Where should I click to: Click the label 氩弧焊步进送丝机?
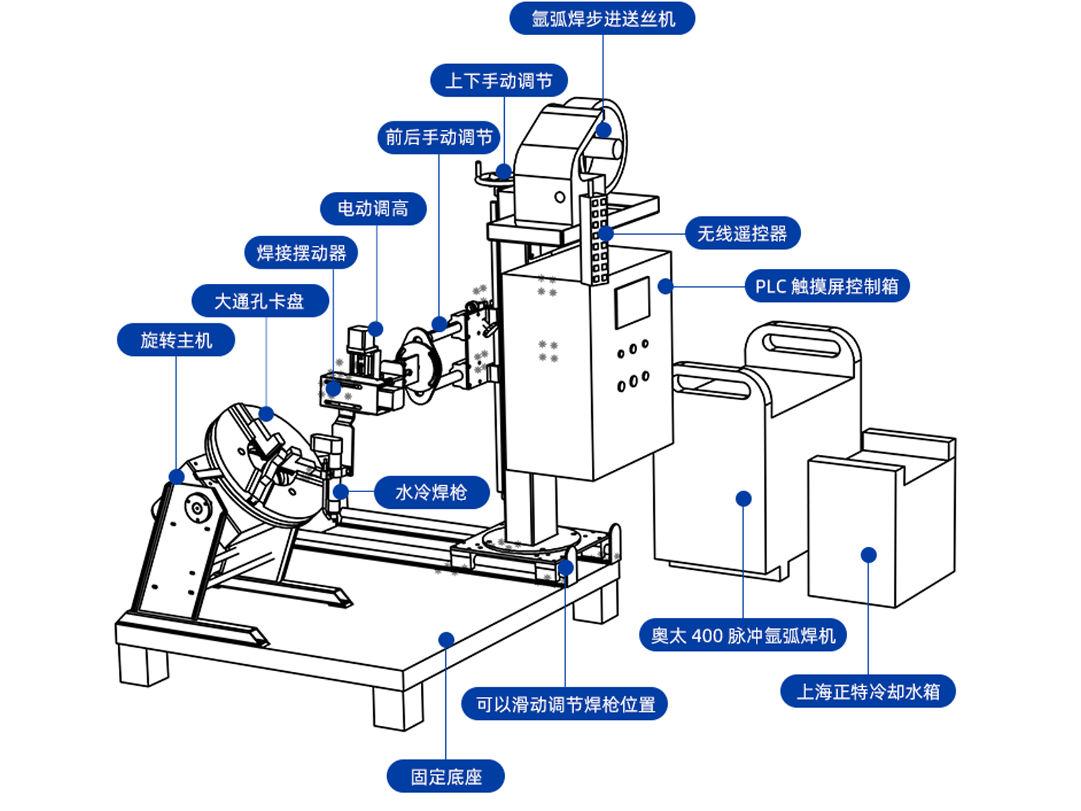tap(602, 18)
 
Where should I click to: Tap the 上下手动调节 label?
tap(499, 81)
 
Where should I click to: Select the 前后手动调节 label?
tap(438, 137)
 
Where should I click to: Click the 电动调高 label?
tap(373, 208)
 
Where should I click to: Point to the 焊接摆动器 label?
tap(301, 253)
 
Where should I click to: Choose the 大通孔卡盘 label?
tap(259, 301)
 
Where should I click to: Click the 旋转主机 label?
tap(176, 340)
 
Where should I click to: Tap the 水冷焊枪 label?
tap(431, 492)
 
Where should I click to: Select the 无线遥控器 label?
tap(743, 234)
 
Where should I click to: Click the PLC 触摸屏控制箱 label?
tap(827, 287)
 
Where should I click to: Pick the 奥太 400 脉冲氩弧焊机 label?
tap(743, 635)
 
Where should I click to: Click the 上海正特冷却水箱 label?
tap(868, 691)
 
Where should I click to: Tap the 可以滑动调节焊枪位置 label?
tap(565, 704)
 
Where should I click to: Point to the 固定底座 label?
tap(446, 777)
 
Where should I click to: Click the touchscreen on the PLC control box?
tap(631, 302)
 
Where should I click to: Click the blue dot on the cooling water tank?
tap(869, 555)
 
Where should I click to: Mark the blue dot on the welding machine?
tap(743, 499)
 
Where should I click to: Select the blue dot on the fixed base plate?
tap(446, 639)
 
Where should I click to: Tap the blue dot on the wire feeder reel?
tap(603, 130)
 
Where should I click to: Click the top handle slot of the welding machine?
tap(801, 341)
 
